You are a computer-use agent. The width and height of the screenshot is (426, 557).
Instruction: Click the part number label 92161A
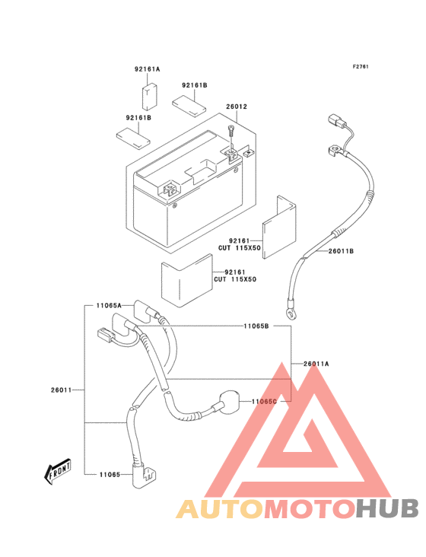[x=147, y=69]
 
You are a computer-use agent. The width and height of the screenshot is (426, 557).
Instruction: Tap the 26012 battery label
[x=237, y=107]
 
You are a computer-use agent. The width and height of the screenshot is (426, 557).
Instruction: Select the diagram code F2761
[x=361, y=66]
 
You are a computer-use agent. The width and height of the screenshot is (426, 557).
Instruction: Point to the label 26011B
[x=341, y=251]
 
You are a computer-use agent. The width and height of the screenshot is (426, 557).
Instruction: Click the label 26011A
[x=316, y=364]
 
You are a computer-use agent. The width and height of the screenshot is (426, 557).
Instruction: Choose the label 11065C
[x=264, y=402]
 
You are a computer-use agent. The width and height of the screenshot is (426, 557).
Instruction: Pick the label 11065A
[x=109, y=305]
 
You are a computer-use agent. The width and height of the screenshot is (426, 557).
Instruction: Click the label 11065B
[x=256, y=326]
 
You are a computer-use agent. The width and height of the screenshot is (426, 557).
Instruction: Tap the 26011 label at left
[x=61, y=390]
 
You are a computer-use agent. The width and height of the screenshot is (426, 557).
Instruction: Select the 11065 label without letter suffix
[x=110, y=475]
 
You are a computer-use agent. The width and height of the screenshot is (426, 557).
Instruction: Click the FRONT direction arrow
[x=57, y=471]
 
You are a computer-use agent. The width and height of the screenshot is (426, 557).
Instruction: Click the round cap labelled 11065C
[x=229, y=401]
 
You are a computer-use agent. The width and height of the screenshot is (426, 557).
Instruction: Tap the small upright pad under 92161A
[x=149, y=97]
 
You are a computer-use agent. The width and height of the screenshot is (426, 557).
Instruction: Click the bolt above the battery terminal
[x=231, y=132]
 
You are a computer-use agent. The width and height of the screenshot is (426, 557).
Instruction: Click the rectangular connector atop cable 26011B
[x=337, y=120]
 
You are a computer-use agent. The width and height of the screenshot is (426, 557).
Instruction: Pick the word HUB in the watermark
[x=388, y=508]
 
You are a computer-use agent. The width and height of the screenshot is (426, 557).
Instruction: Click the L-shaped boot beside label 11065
[x=143, y=473]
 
